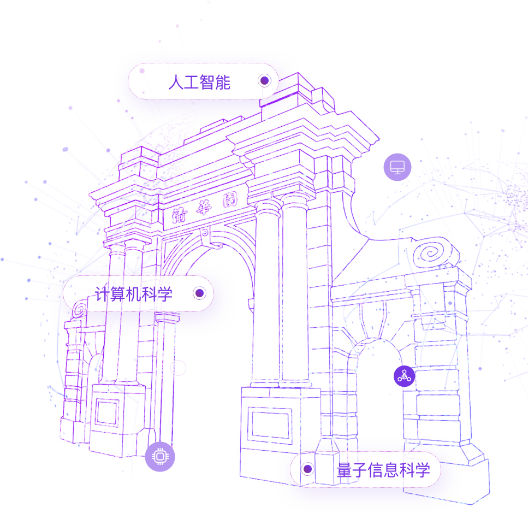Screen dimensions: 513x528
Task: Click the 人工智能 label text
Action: pos(199,82)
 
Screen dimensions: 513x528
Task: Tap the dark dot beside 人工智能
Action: pos(265,81)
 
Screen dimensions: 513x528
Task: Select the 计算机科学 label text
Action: pos(134,294)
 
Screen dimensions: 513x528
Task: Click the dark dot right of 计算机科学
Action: pos(199,293)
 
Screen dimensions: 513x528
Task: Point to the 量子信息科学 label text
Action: pos(383,470)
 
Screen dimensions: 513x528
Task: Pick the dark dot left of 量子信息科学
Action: pos(307,469)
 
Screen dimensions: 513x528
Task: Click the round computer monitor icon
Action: pos(397,167)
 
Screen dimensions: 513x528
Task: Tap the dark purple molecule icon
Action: pos(405,376)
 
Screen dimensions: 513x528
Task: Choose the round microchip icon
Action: pos(160,456)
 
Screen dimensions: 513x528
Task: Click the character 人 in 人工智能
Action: pos(176,82)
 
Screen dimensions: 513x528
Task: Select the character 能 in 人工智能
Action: pos(223,82)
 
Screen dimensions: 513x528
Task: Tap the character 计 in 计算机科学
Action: pos(103,294)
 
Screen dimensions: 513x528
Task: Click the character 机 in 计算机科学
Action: pos(134,294)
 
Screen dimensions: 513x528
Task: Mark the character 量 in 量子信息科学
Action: pos(344,470)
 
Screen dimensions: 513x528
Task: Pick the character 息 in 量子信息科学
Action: pos(391,470)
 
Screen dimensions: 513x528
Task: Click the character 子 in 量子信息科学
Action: pos(360,470)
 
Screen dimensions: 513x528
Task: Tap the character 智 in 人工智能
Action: pos(207,82)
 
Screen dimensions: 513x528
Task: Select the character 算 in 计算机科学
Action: pos(118,294)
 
